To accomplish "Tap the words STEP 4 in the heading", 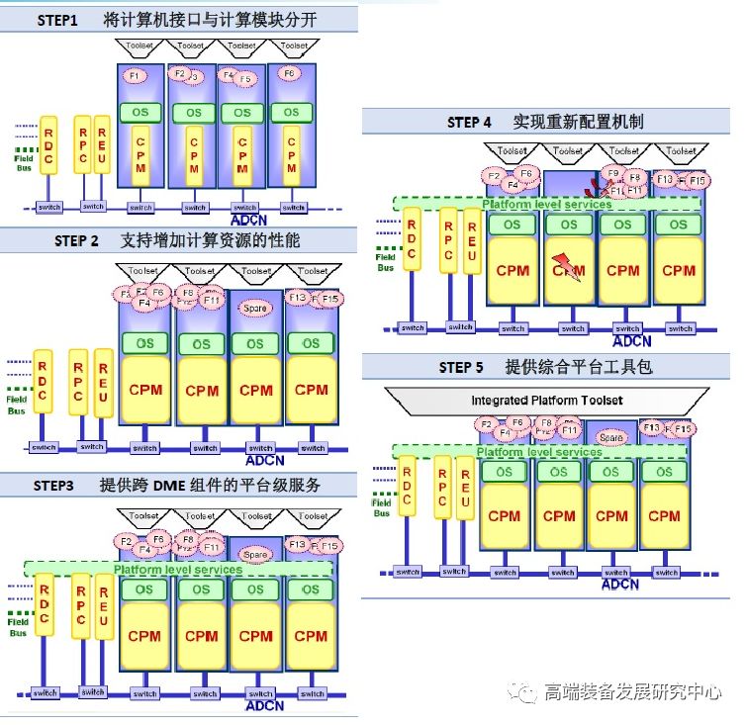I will coord(469,122).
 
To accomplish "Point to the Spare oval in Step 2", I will coord(255,308).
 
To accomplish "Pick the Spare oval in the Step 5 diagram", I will coord(610,437).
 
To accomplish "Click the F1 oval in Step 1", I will coord(136,76).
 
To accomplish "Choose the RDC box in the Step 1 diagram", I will coord(50,146).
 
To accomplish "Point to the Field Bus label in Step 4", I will coord(385,262).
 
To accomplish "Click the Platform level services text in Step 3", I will coord(177,570).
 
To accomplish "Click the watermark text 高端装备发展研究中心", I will coord(633,692).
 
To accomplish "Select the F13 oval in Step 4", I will coord(666,179).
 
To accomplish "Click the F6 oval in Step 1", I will coord(289,74).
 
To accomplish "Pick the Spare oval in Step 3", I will coord(255,555).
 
